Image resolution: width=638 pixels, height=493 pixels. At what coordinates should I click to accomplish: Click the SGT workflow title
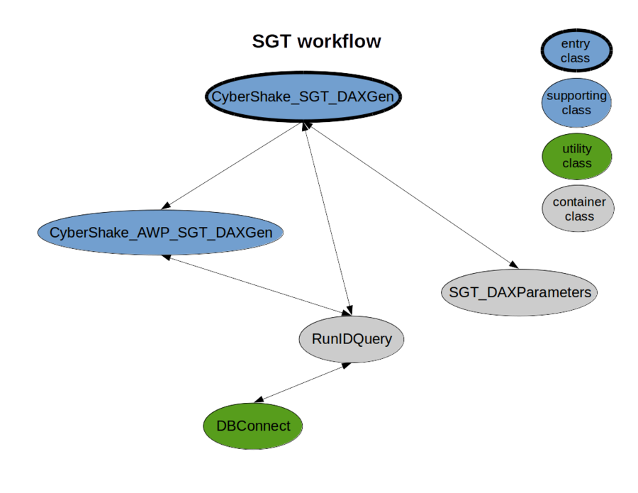point(316,41)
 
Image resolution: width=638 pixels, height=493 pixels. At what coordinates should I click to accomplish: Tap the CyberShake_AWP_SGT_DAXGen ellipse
point(160,232)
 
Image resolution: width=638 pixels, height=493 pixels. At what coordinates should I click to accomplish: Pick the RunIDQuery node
point(351,339)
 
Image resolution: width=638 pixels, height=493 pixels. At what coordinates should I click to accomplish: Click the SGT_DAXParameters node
point(520,292)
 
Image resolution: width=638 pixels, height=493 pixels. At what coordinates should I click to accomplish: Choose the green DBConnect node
point(253,426)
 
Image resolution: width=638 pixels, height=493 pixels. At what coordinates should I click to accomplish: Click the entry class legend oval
point(575,51)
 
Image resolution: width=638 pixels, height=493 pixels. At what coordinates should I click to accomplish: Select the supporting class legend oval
point(576,103)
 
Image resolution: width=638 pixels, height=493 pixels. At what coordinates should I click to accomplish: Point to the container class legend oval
point(578,209)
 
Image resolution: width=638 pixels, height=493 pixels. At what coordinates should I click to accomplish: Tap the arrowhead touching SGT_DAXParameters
point(510,264)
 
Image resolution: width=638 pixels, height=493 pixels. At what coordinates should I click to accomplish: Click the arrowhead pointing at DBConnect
point(258,400)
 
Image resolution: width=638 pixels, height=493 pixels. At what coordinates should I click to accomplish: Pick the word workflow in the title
point(338,41)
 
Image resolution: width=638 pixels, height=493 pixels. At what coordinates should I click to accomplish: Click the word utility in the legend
point(577,149)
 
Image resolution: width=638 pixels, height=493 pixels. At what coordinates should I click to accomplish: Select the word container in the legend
point(579,202)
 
